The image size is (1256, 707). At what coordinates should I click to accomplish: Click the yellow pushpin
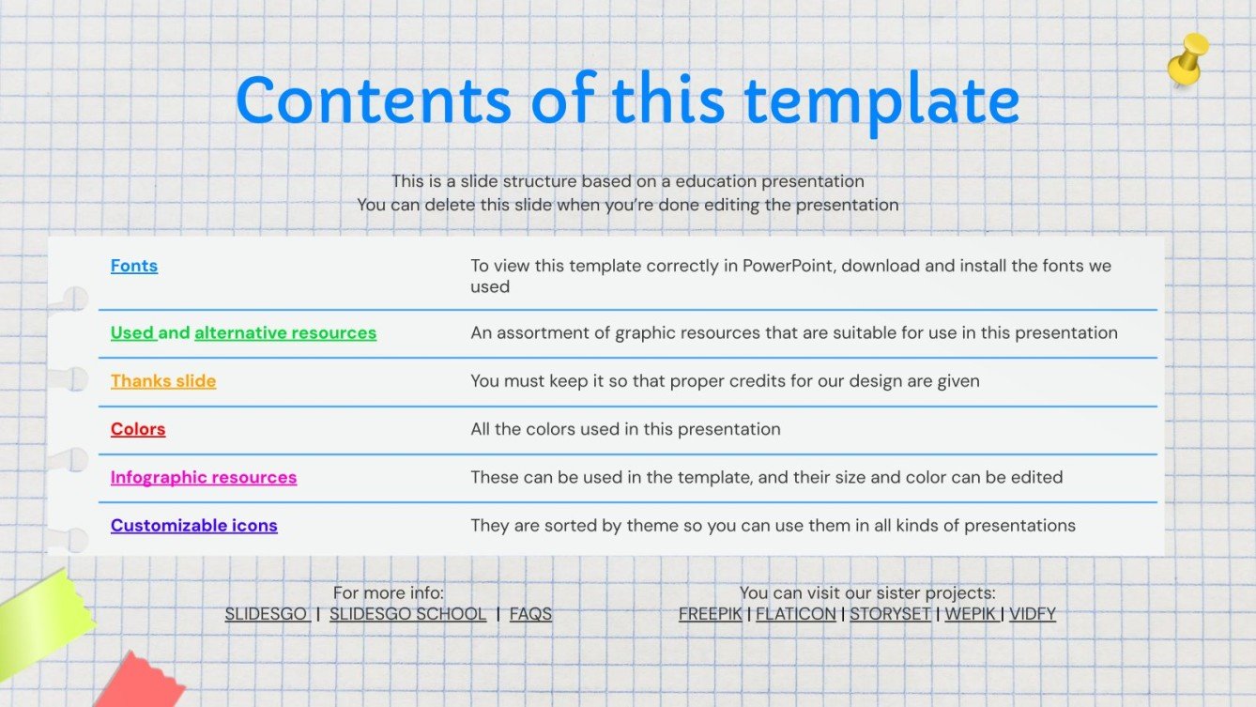pos(1188,60)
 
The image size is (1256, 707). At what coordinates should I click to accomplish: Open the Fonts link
pos(134,266)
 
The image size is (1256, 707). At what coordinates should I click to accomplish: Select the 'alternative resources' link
pos(285,333)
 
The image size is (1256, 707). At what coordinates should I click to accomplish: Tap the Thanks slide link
pos(163,381)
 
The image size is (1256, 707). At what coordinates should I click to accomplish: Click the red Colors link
pos(138,429)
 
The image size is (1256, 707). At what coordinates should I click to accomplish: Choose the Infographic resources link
pos(204,478)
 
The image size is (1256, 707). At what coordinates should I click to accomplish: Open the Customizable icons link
pos(194,526)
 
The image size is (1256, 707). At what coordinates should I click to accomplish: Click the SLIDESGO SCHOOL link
pos(407,614)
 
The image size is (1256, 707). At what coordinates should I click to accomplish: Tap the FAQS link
pos(530,614)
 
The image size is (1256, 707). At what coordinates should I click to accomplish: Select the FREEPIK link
pos(710,614)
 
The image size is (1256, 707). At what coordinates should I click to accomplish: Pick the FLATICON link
pos(796,614)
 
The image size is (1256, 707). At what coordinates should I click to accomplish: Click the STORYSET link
pos(890,614)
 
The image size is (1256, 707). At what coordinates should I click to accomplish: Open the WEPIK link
pos(970,614)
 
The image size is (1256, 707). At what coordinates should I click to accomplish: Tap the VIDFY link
pos(1033,614)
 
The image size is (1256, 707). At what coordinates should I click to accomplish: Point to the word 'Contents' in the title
pos(374,100)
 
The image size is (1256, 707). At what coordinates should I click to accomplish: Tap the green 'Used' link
pos(132,333)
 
